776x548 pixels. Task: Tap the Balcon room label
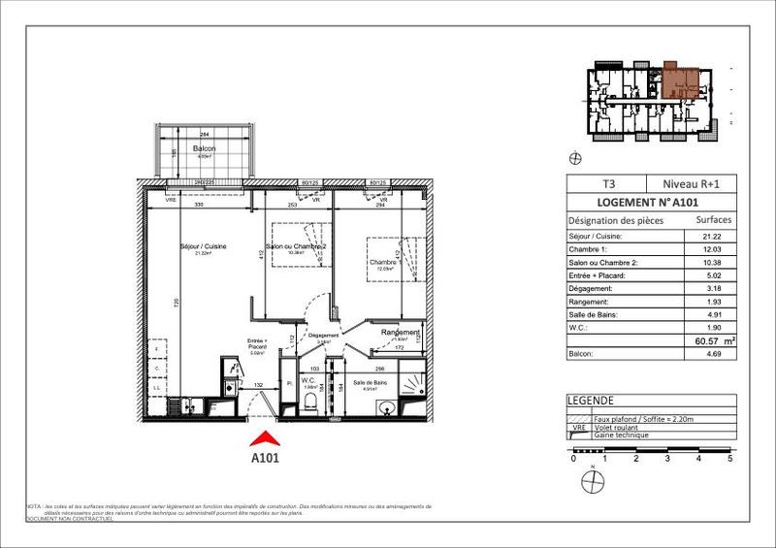click(x=204, y=147)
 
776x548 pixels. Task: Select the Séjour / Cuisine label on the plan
click(x=205, y=246)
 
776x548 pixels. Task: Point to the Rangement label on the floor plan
click(x=401, y=333)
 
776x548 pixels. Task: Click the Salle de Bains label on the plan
click(x=373, y=383)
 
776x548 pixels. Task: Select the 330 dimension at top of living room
click(x=198, y=206)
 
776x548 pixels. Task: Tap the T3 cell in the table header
click(x=608, y=182)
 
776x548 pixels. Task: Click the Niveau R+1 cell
click(x=692, y=182)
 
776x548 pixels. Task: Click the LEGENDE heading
click(x=592, y=400)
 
